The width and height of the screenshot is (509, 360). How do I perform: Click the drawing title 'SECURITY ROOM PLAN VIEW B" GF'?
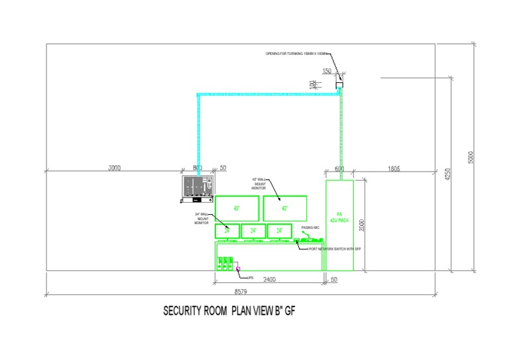coord(229,310)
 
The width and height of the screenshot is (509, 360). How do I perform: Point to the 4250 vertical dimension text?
coord(449,174)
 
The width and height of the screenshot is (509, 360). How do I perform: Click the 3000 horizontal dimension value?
coord(115,168)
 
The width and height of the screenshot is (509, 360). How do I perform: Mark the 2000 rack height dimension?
coord(361,225)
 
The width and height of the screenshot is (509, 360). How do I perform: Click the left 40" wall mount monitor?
coord(237,208)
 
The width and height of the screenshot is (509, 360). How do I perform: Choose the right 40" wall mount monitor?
coord(284,208)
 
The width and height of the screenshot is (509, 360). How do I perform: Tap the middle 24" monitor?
coord(253,231)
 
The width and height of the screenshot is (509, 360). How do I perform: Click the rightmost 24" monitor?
coord(280,231)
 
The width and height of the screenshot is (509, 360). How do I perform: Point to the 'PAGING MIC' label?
coord(311,227)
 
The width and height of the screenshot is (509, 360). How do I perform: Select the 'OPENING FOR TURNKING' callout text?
coord(297,53)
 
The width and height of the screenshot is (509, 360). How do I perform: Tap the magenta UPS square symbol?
coord(239,269)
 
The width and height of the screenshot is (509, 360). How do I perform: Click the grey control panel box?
coord(198,188)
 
